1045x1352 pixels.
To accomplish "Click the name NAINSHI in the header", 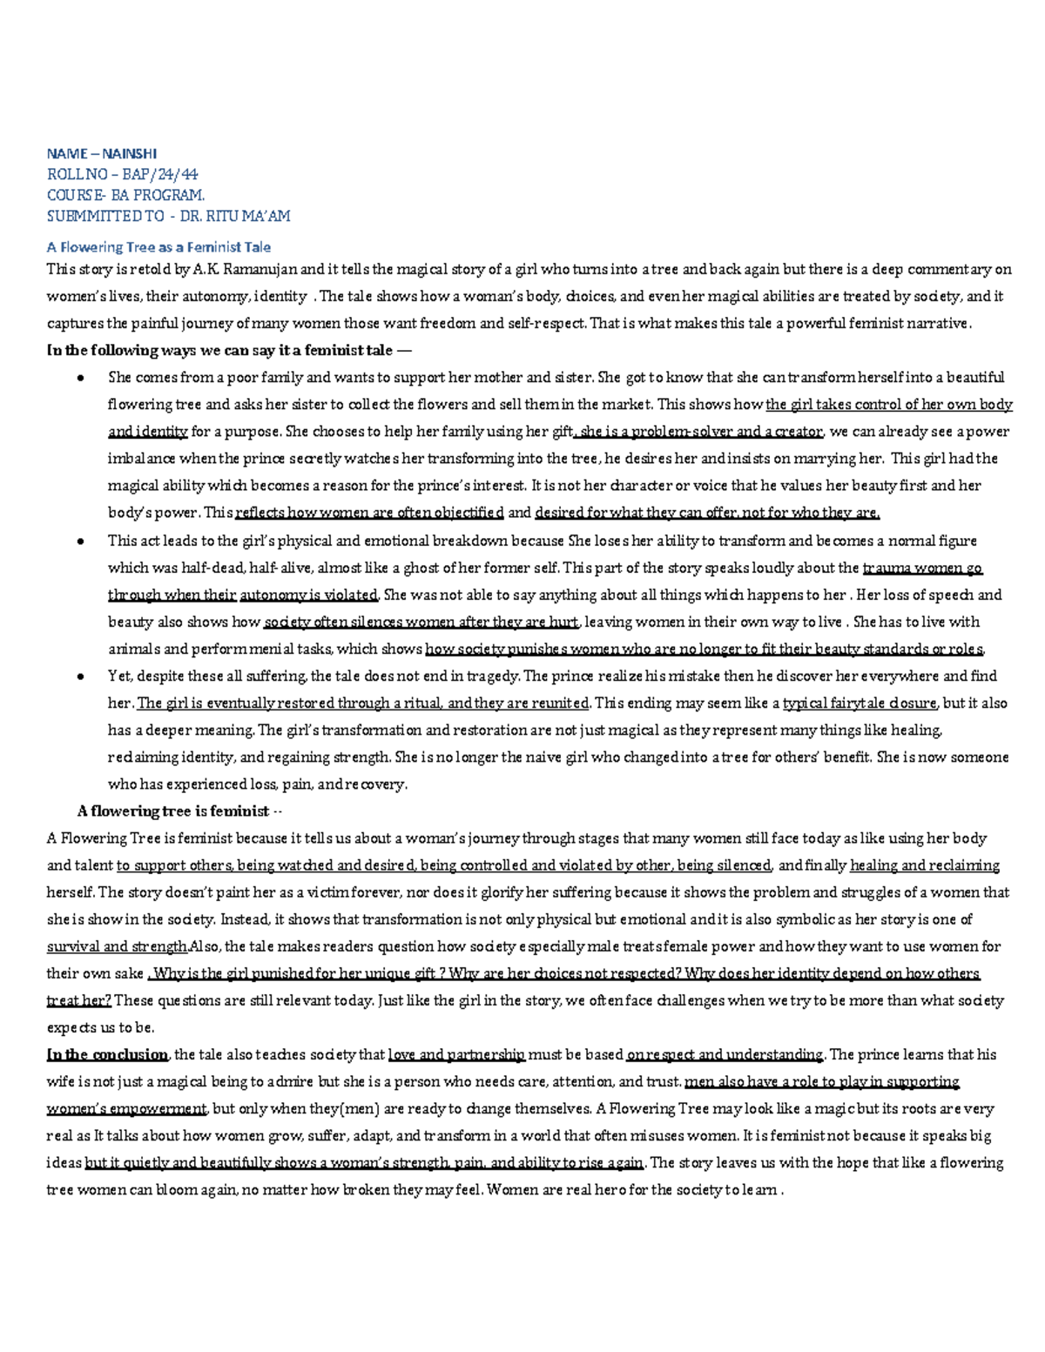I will [129, 153].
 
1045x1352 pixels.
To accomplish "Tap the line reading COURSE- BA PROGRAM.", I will [125, 195].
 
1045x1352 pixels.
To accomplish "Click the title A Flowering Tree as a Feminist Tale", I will [158, 247].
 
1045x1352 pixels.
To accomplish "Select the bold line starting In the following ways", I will [227, 350].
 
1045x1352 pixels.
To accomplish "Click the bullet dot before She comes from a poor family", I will [80, 378].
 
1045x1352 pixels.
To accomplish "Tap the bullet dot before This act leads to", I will [80, 541].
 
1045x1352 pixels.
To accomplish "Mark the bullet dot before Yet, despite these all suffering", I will [80, 676].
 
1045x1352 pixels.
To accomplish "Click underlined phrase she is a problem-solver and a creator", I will [699, 432].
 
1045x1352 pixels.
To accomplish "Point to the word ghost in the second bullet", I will [441, 568].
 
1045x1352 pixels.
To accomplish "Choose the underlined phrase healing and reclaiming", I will [925, 865].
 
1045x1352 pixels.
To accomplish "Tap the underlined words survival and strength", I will [117, 946].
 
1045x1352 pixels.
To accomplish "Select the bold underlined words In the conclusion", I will [106, 1055].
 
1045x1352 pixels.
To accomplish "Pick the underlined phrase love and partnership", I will [456, 1055].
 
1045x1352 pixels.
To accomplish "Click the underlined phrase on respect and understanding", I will [725, 1055].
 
